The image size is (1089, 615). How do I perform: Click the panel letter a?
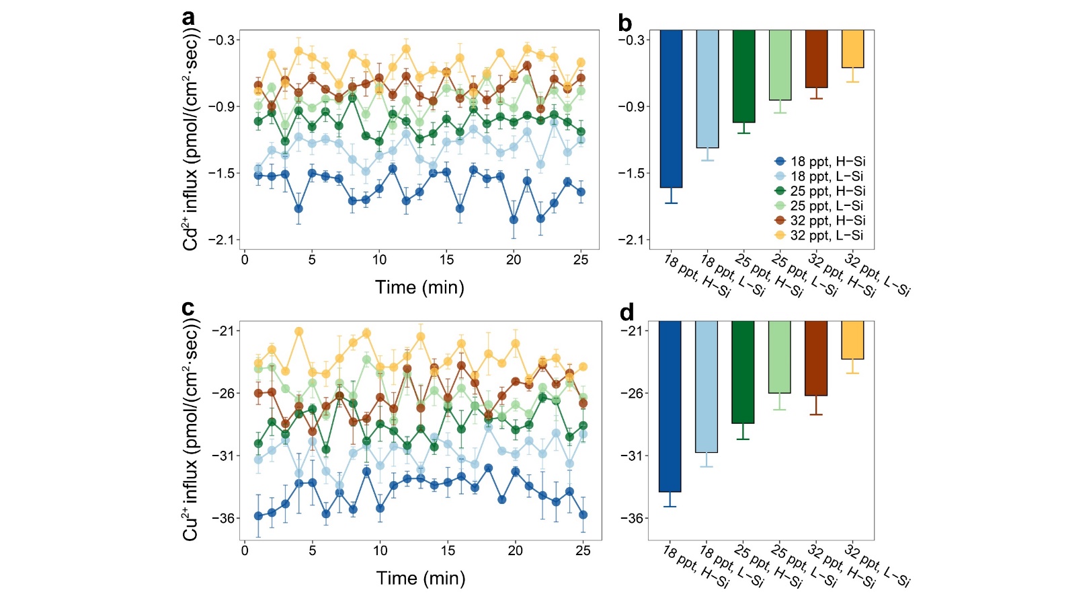[189, 17]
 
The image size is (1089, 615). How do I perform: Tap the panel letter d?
[627, 312]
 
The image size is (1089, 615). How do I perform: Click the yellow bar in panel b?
[853, 49]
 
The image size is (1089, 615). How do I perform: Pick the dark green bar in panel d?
[743, 372]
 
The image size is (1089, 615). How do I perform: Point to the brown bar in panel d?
[816, 358]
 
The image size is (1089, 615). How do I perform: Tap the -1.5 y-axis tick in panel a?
[221, 174]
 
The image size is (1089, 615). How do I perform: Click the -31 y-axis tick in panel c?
[223, 456]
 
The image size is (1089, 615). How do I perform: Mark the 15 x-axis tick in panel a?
[446, 260]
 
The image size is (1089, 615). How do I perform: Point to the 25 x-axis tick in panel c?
[583, 550]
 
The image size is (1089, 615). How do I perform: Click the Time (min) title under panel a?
[419, 287]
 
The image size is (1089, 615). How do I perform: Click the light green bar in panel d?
[780, 357]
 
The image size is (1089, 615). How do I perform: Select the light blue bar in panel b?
[707, 89]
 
